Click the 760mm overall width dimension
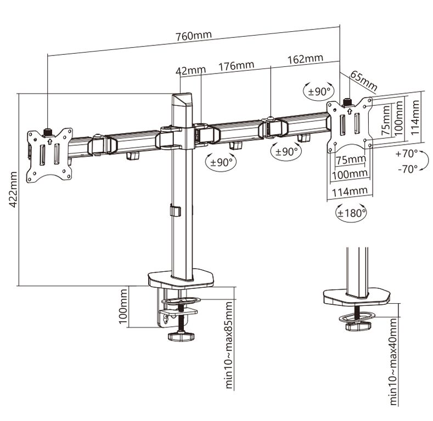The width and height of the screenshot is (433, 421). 193,37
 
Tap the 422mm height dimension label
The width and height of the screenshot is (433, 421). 12,189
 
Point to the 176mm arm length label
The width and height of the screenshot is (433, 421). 236,66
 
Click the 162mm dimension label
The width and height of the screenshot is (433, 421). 305,59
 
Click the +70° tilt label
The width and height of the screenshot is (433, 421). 407,154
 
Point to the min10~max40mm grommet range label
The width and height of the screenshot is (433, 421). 393,362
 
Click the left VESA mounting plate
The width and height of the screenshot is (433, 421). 50,153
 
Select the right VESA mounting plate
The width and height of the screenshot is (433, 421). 349,126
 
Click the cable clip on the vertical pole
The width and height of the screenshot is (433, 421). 175,210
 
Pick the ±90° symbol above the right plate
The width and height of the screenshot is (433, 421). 319,92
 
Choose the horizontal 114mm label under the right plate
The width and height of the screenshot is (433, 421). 350,191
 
